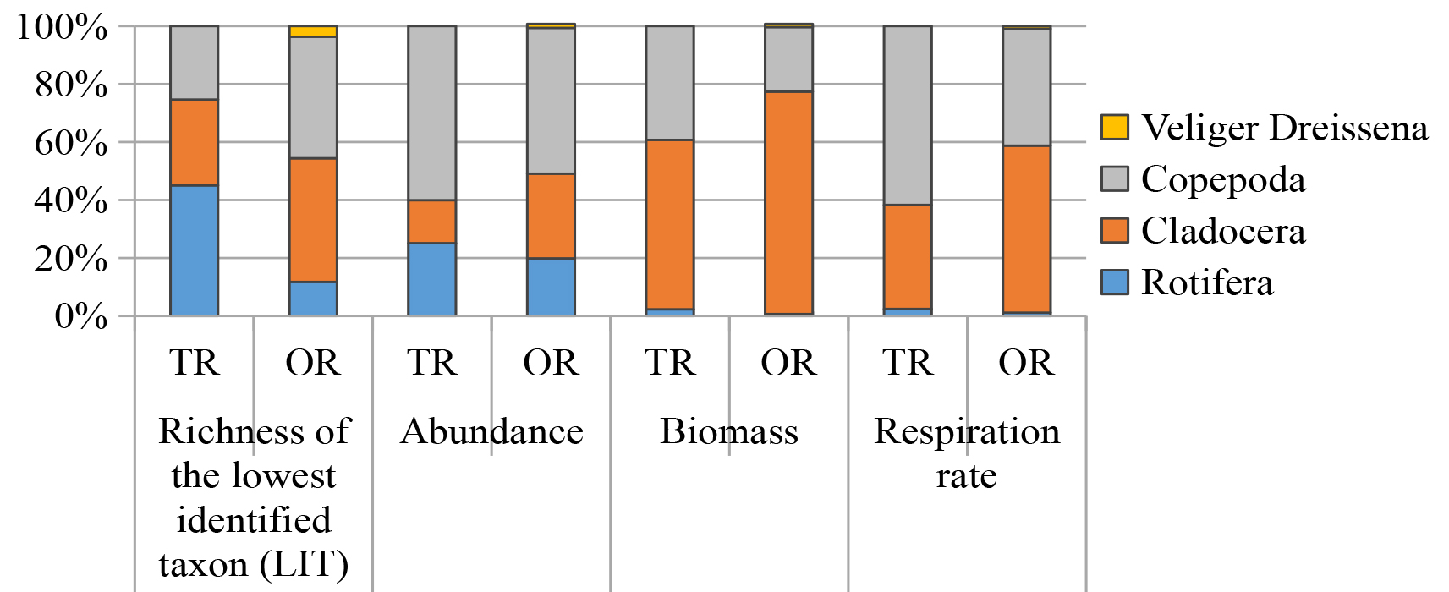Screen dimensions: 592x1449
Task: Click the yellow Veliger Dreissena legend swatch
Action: (1114, 128)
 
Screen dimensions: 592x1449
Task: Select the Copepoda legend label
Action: (1222, 179)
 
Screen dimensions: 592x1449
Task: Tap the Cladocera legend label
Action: (1222, 231)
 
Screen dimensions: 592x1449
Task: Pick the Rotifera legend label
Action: (1206, 282)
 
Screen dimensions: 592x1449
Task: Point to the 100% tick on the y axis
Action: (63, 27)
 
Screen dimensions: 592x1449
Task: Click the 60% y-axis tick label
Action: (71, 143)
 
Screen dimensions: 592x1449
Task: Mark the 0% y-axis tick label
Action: (81, 317)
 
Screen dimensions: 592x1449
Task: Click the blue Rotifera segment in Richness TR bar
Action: (195, 250)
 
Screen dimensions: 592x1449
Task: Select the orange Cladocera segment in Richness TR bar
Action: (195, 142)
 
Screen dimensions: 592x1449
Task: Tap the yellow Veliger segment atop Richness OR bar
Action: (313, 31)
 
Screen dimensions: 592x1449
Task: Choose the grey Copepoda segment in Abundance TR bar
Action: (432, 112)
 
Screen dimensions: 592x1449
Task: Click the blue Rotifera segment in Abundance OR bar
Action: (551, 287)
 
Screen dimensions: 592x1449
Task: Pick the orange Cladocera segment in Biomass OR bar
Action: (788, 203)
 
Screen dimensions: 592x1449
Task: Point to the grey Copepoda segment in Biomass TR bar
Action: (670, 83)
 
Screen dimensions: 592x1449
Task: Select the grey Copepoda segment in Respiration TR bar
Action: (908, 115)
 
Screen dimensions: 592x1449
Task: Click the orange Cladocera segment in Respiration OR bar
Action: (1026, 229)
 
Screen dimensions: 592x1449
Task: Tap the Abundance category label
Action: (491, 431)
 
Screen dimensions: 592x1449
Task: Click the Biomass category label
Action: (729, 431)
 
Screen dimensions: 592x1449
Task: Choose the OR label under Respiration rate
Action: (1026, 363)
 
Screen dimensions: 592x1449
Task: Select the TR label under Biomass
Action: (670, 363)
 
